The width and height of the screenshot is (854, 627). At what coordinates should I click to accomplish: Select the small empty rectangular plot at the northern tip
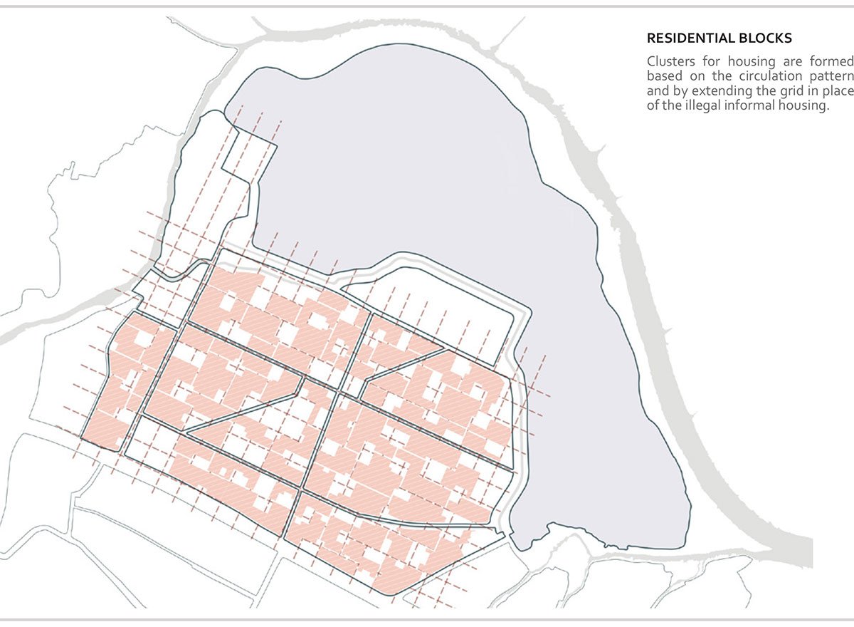click(248, 153)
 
